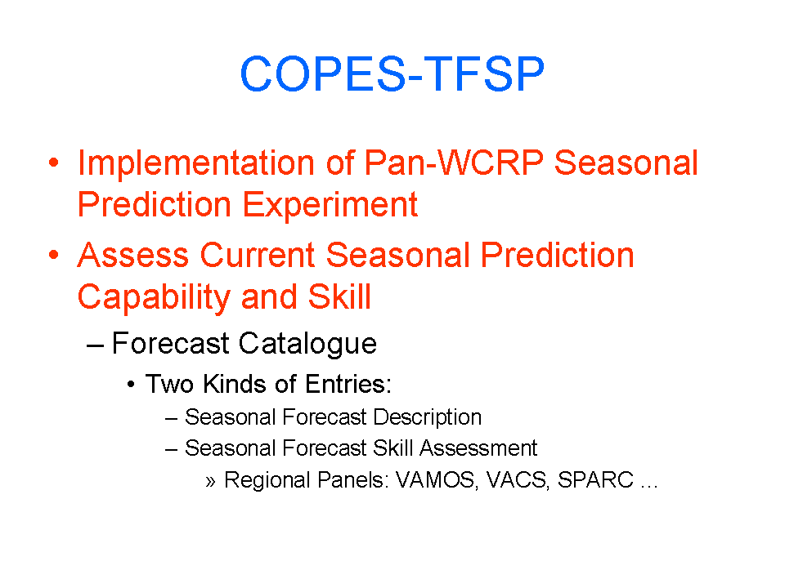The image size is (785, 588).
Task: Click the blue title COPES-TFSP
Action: (x=392, y=74)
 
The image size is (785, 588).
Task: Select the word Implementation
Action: (x=195, y=163)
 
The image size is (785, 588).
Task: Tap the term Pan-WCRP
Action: (x=454, y=163)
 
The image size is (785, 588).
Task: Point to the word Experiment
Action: (x=330, y=205)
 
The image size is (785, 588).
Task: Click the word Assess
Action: (x=133, y=255)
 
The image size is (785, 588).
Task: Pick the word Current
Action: (x=258, y=255)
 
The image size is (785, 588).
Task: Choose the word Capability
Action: (x=154, y=297)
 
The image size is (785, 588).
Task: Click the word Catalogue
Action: (x=307, y=344)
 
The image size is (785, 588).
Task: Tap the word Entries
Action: (x=348, y=384)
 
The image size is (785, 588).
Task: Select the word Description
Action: (x=428, y=417)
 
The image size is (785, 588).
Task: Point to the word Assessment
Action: (x=478, y=448)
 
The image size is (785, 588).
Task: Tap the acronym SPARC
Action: (x=596, y=480)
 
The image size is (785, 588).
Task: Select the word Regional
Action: (x=267, y=480)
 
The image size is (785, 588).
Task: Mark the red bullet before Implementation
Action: (x=54, y=163)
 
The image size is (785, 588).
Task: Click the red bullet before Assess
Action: (x=54, y=255)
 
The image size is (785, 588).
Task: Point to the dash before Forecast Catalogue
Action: (x=95, y=345)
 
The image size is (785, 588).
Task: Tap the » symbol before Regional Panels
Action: (x=210, y=482)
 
